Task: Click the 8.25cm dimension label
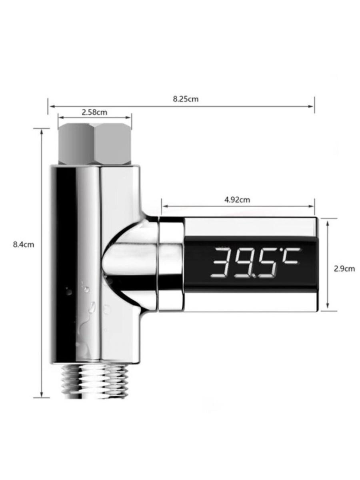click(186, 99)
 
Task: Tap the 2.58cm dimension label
click(94, 112)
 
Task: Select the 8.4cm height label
click(24, 244)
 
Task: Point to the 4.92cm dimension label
click(237, 200)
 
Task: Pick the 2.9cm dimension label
click(344, 269)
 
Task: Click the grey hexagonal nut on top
click(95, 144)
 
